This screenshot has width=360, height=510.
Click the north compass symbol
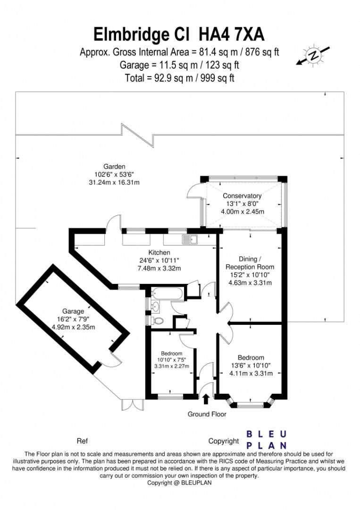(313, 56)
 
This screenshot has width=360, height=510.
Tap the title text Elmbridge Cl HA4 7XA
(179, 35)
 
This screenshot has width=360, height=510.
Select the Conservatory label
(242, 196)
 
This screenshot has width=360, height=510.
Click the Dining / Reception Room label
(250, 263)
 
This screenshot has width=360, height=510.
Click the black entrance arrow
(206, 399)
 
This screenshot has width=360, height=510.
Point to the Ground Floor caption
(207, 414)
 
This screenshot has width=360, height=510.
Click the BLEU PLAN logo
(267, 440)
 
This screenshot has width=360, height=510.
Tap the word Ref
(82, 441)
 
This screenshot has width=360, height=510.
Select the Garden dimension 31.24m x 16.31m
(115, 182)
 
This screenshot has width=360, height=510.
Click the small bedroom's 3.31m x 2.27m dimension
(171, 366)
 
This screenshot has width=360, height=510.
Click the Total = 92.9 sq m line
(179, 77)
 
